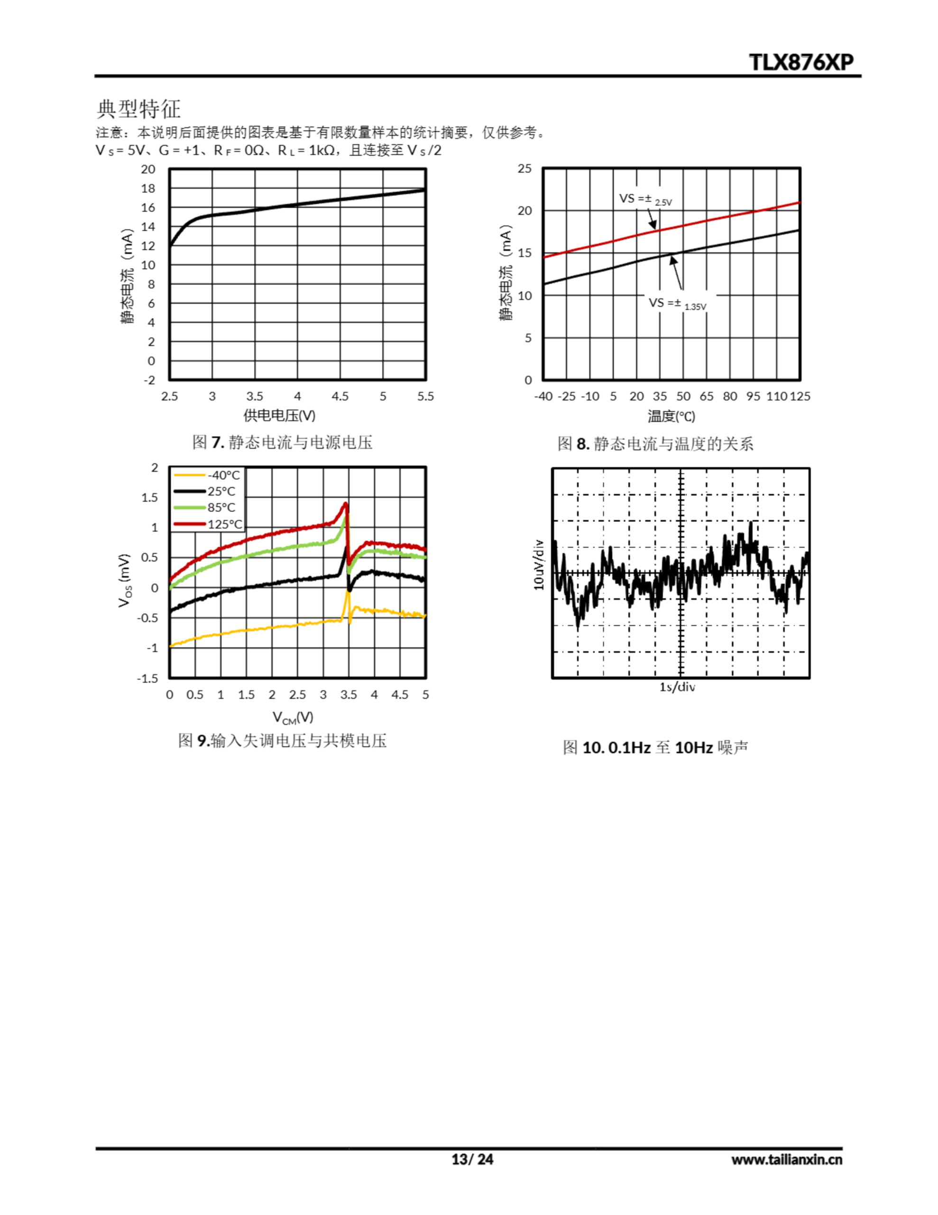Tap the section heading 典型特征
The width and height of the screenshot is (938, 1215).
coord(138,109)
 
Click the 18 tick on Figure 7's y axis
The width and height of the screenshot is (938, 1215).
coord(148,188)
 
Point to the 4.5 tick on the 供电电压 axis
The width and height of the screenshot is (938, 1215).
coord(340,396)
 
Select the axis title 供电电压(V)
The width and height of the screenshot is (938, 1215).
coord(279,415)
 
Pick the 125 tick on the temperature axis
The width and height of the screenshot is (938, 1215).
coord(800,396)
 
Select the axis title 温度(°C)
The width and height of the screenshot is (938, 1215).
coord(671,416)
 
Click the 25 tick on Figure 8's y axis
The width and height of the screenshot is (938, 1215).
coord(524,168)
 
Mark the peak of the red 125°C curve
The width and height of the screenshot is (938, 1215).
coord(345,504)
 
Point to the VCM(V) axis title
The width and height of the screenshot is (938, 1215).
coord(293,717)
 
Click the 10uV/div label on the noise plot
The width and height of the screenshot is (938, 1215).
coord(538,565)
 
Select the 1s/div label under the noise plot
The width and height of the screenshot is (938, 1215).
coord(677,687)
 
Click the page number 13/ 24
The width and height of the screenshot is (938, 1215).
coord(472,1159)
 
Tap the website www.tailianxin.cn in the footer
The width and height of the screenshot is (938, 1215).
coord(786,1159)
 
